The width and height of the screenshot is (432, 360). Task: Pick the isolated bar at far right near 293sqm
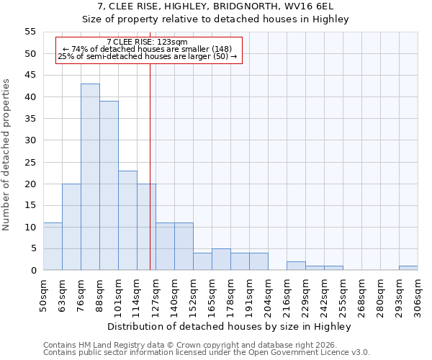click(408, 268)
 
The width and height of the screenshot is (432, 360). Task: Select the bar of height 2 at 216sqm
click(296, 266)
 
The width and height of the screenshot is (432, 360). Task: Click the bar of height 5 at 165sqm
click(221, 259)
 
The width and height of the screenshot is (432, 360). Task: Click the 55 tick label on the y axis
click(30, 32)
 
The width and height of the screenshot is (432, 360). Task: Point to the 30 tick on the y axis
click(30, 140)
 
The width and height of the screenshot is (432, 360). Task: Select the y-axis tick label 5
click(33, 248)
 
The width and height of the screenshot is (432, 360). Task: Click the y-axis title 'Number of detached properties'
click(6, 155)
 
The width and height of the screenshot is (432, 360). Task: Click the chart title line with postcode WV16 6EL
click(216, 6)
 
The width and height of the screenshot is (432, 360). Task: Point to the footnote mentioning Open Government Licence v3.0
click(207, 353)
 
